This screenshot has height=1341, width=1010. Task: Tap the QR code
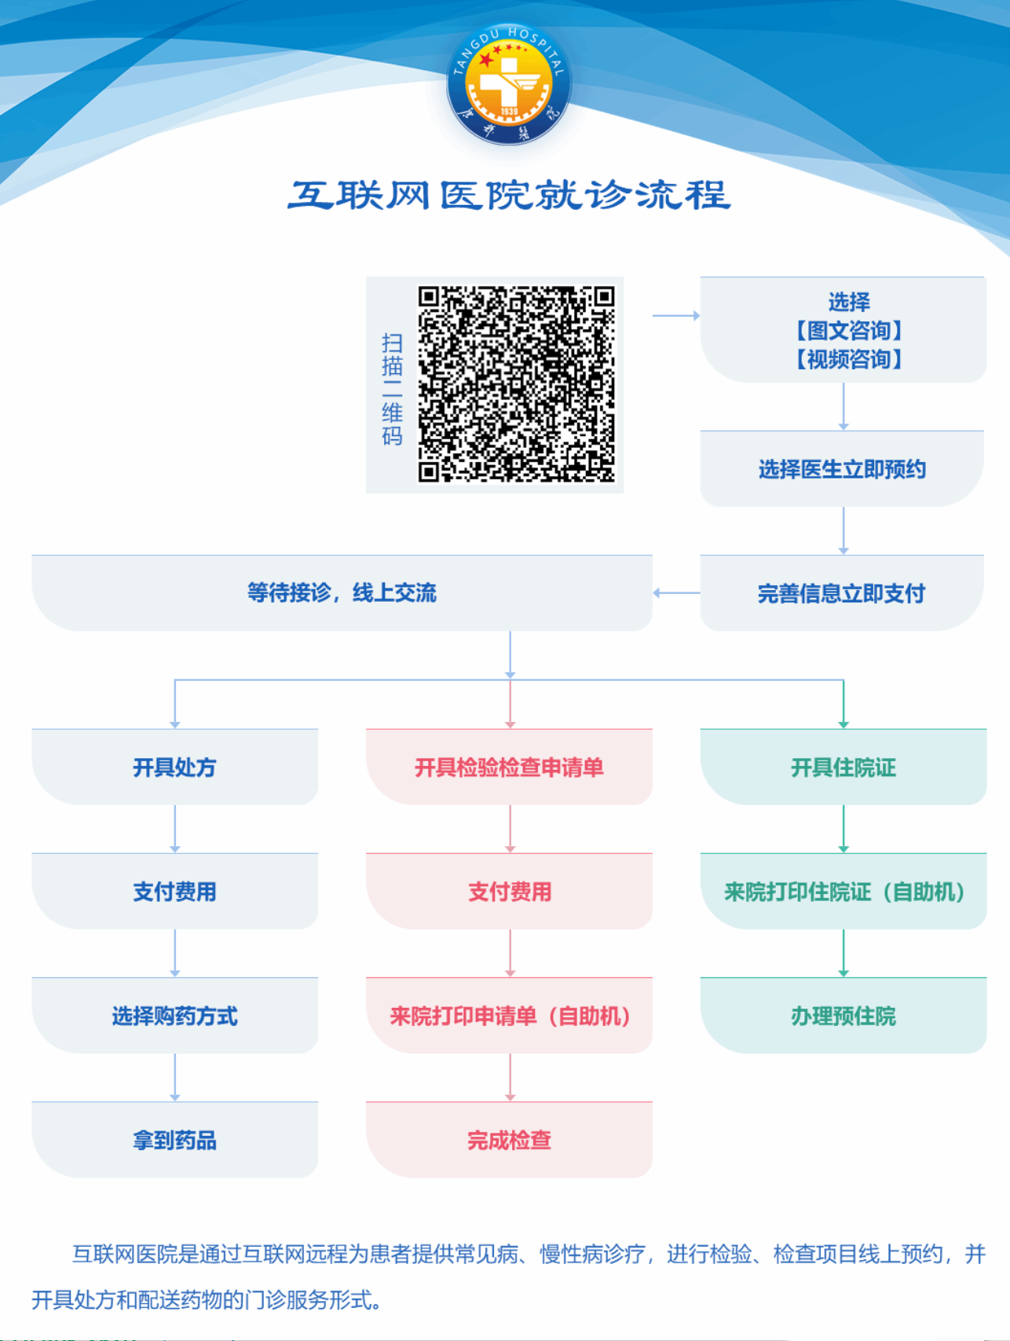[516, 383]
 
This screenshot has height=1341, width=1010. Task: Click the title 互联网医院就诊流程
[509, 196]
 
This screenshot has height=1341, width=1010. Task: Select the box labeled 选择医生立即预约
[842, 469]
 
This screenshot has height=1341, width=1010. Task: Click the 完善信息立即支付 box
[842, 593]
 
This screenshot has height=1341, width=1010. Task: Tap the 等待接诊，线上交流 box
[342, 593]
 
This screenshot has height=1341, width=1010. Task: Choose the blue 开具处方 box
[174, 767]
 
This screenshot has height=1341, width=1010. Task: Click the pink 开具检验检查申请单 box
[509, 767]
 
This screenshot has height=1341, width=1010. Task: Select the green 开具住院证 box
[843, 767]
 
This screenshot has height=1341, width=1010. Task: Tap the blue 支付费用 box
[174, 891]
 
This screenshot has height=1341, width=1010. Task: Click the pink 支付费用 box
[509, 891]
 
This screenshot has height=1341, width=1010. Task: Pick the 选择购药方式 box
[174, 1015]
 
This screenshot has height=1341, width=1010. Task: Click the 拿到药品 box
[174, 1139]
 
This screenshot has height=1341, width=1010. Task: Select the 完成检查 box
[509, 1139]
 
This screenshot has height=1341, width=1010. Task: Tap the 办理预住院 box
[843, 1015]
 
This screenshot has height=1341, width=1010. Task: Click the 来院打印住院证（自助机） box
[843, 891]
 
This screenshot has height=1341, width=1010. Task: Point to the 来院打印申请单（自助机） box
[509, 1015]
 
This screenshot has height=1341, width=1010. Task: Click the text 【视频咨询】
[849, 359]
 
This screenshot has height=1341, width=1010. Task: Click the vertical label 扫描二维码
[392, 389]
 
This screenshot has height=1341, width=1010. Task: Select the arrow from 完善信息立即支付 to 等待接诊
[676, 593]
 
